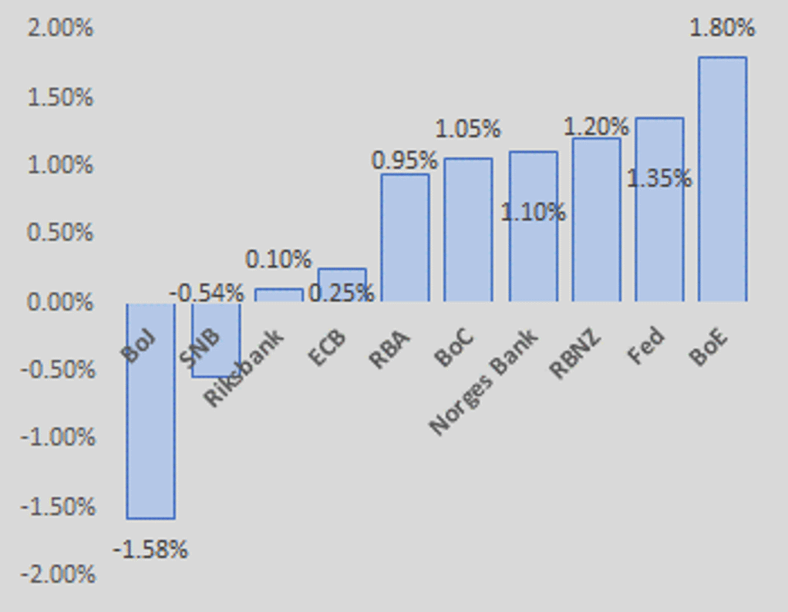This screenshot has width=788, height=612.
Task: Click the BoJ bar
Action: tap(151, 432)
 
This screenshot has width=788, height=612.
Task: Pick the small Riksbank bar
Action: tap(279, 295)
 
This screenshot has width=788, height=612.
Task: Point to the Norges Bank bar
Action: tap(534, 254)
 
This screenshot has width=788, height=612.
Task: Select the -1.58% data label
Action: tap(150, 550)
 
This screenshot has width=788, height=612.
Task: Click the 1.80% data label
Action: tap(722, 29)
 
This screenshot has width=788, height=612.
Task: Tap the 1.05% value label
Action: tap(468, 129)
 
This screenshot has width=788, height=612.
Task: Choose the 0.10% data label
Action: tap(278, 259)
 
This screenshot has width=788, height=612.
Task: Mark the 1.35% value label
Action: tap(659, 179)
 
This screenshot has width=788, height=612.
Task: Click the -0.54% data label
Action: tap(206, 293)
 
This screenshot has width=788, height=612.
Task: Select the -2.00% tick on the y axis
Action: tap(58, 574)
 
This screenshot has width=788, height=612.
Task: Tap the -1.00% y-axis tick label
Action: tap(58, 438)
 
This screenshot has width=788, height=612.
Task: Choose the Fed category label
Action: tap(645, 348)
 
